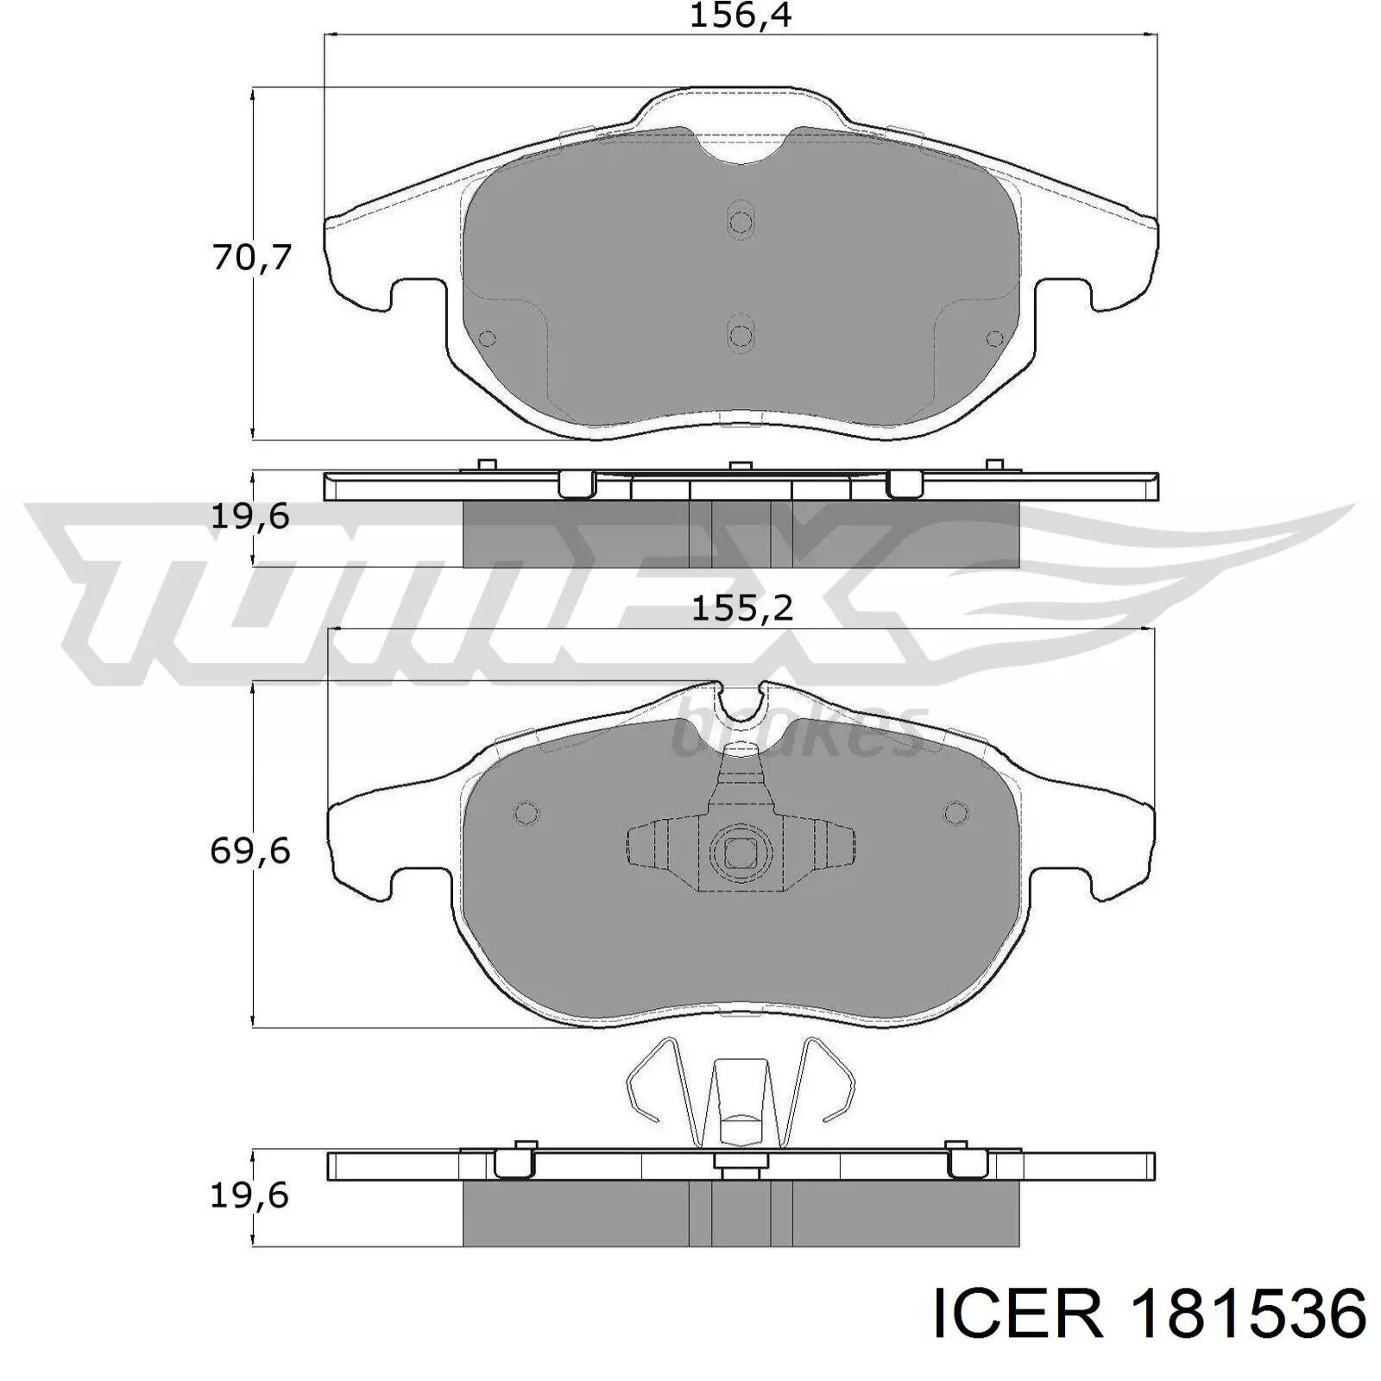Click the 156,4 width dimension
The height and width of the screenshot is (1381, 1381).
pyautogui.click(x=740, y=16)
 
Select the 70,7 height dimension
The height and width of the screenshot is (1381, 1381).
pyautogui.click(x=252, y=257)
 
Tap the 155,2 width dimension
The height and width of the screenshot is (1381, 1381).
pyautogui.click(x=742, y=609)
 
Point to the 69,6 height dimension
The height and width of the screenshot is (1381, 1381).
pyautogui.click(x=250, y=852)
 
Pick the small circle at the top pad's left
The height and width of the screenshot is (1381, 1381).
pyautogui.click(x=487, y=338)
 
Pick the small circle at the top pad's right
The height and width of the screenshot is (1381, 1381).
pyautogui.click(x=994, y=338)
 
